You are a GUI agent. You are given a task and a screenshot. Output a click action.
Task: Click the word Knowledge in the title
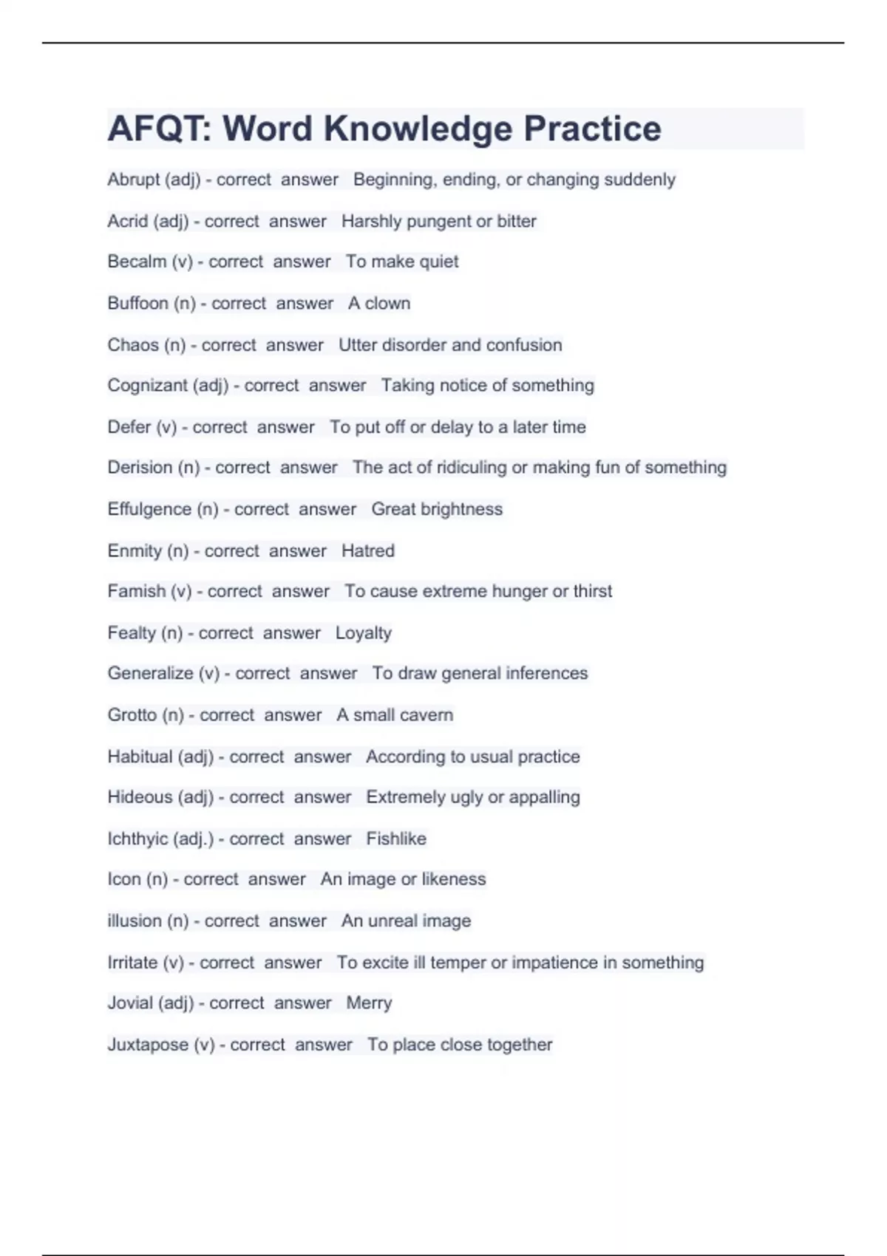(x=418, y=129)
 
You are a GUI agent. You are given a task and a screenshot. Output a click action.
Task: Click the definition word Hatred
(x=368, y=550)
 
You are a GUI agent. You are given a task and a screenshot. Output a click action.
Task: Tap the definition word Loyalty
(x=364, y=633)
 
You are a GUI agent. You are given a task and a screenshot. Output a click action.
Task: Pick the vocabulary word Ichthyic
(x=137, y=839)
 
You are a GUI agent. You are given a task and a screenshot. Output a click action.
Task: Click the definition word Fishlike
(x=396, y=839)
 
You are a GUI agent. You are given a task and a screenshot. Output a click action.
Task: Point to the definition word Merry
(x=369, y=1003)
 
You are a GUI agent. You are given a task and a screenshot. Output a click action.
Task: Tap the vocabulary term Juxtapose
(x=148, y=1045)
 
